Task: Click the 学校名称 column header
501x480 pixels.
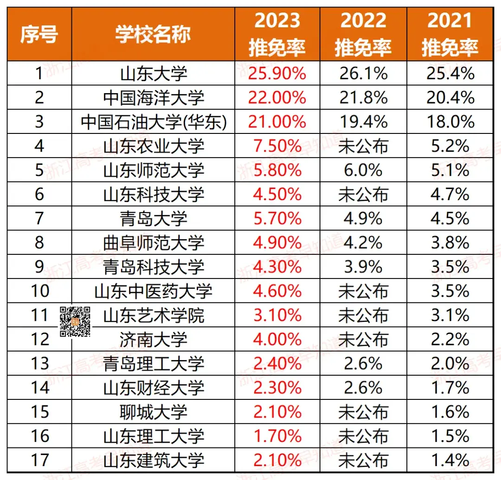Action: click(153, 34)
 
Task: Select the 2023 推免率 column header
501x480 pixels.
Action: click(277, 34)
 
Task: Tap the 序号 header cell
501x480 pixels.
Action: click(39, 34)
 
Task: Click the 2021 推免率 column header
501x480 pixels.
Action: click(450, 34)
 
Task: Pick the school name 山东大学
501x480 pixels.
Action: click(153, 74)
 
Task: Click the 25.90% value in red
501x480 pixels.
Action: click(277, 74)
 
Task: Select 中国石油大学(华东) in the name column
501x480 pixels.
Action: click(153, 122)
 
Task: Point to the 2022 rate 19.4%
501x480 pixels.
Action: click(363, 122)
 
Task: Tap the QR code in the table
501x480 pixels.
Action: click(75, 321)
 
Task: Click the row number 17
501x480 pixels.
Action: click(39, 460)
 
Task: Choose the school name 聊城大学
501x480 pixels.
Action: click(153, 412)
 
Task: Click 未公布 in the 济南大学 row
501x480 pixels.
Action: click(363, 340)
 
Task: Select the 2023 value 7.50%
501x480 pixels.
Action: click(277, 146)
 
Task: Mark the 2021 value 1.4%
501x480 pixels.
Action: click(450, 460)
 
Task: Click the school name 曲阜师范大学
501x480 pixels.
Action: click(153, 243)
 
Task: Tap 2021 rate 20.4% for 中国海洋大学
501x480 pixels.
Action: click(450, 98)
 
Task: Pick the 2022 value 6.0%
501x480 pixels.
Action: click(363, 170)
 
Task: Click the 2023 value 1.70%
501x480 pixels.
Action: click(277, 436)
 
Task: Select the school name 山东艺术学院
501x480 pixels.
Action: click(153, 316)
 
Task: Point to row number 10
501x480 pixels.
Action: click(39, 291)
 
